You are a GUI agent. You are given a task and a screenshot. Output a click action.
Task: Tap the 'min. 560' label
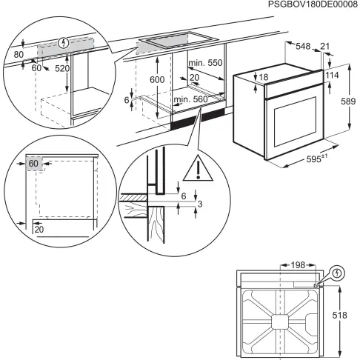click(x=191, y=99)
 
